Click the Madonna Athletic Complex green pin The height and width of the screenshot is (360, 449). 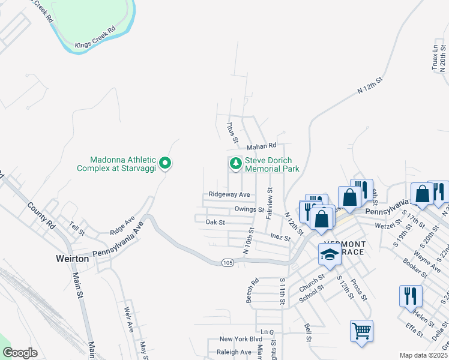click(x=166, y=163)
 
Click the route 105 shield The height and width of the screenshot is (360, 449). click(x=227, y=262)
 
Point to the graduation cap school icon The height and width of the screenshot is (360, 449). click(x=329, y=256)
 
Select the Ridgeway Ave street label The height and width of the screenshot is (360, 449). click(x=229, y=194)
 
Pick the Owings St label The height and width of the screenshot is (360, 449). click(x=250, y=209)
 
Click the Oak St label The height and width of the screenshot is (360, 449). click(x=215, y=222)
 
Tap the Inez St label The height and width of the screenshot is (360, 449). click(x=280, y=238)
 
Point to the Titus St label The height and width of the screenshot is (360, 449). click(x=230, y=129)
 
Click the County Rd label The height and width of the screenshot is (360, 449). click(x=41, y=214)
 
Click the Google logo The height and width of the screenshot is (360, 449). click(x=20, y=353)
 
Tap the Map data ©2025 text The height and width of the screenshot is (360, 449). click(x=423, y=355)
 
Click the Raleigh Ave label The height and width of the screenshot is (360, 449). click(x=234, y=352)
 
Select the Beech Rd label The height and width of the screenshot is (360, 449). click(x=252, y=290)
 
